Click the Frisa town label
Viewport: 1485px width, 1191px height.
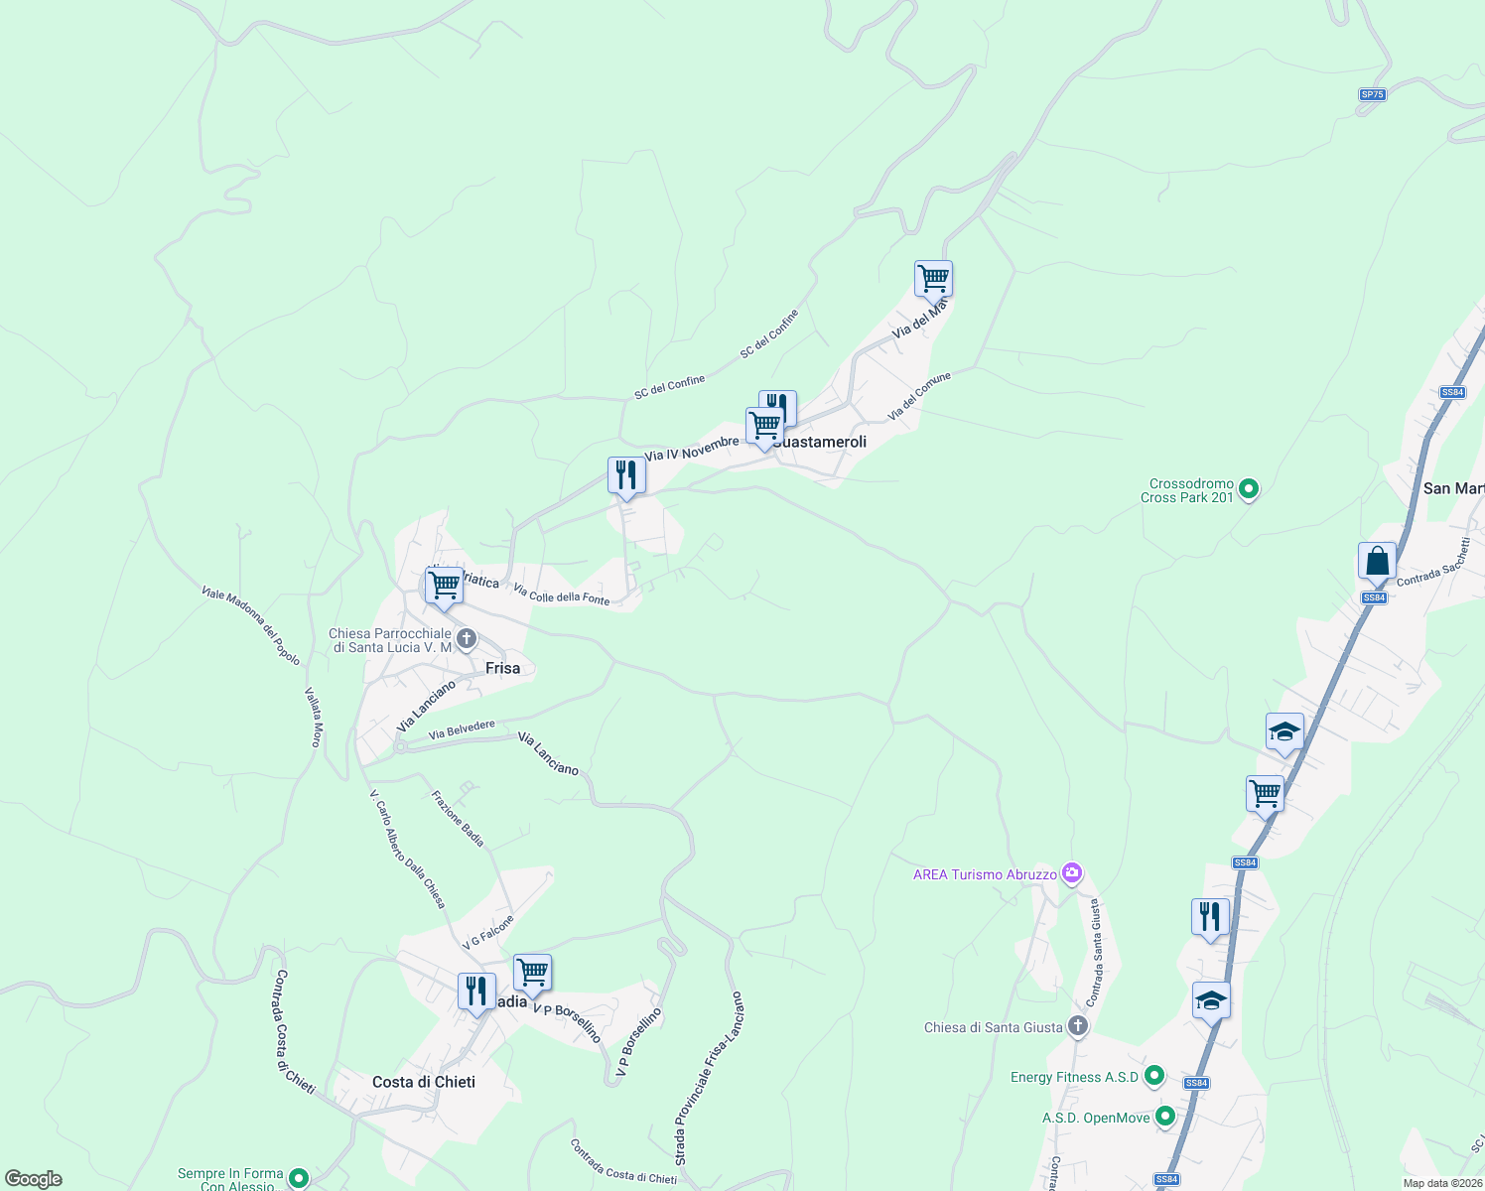click(x=502, y=668)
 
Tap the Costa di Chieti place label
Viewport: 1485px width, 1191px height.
click(x=423, y=1082)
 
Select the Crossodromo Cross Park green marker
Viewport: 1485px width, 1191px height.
click(x=1249, y=488)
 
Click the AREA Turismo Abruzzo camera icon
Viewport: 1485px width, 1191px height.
click(x=1071, y=873)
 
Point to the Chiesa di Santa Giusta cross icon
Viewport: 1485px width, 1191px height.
click(x=1078, y=1026)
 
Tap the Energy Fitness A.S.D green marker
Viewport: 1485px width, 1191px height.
click(x=1153, y=1076)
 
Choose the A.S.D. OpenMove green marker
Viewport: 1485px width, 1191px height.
click(x=1165, y=1117)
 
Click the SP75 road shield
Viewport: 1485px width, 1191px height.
click(x=1372, y=94)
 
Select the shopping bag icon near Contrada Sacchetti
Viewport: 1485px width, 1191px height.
click(x=1377, y=562)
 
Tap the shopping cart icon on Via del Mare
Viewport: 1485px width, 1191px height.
click(x=933, y=280)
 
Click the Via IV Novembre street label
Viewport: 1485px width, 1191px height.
click(x=691, y=449)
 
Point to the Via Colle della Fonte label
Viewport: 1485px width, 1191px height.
click(x=562, y=594)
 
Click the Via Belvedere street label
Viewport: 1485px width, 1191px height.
click(x=462, y=730)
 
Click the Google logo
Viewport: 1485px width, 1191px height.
click(x=33, y=1179)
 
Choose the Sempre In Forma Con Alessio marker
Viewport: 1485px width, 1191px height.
click(x=297, y=1179)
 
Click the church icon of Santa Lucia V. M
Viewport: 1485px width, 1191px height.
click(x=466, y=638)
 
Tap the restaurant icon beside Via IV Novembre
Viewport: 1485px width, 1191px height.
click(x=626, y=475)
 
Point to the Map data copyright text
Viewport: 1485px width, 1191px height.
click(x=1441, y=1183)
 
